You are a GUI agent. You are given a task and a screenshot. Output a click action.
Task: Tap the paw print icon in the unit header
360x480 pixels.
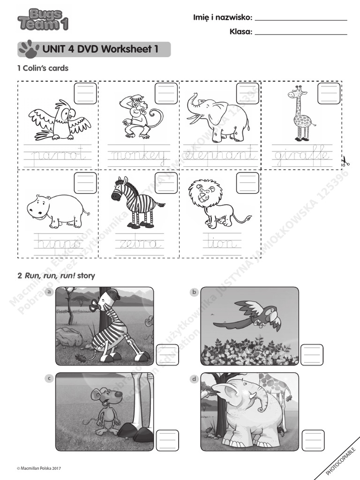point(29,49)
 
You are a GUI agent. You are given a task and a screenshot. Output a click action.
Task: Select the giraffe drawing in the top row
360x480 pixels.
point(299,114)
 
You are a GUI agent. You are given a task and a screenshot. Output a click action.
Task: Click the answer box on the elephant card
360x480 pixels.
point(247,93)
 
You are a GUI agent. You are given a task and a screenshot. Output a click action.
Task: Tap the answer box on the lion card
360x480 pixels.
point(247,183)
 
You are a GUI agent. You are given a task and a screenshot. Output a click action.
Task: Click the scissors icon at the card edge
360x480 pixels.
point(345,162)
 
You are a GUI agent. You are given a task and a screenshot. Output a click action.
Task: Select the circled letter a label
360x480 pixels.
point(49,292)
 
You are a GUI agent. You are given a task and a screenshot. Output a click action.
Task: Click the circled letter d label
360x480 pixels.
point(194,379)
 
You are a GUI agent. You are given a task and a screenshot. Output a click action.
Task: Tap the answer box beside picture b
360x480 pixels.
point(312,355)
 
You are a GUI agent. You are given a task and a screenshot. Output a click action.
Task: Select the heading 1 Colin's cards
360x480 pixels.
point(43,68)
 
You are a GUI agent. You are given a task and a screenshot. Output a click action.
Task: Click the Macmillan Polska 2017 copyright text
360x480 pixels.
point(39,468)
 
